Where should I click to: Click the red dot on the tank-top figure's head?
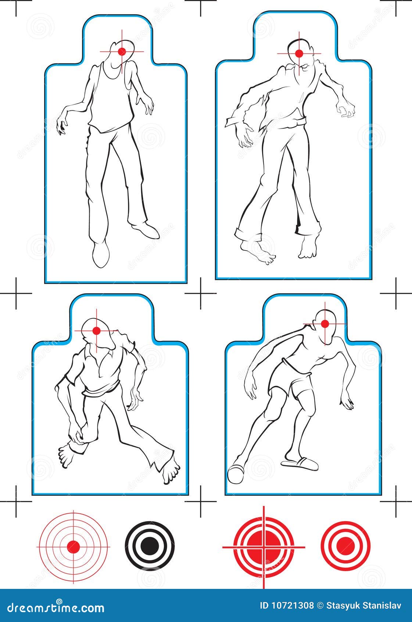tap(122, 51)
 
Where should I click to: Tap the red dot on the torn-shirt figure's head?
tap(299, 53)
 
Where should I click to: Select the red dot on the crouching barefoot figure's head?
tap(97, 331)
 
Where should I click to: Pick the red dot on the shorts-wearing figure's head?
tap(325, 324)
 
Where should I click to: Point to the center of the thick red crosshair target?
tap(264, 547)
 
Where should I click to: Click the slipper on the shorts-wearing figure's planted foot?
tap(300, 464)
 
